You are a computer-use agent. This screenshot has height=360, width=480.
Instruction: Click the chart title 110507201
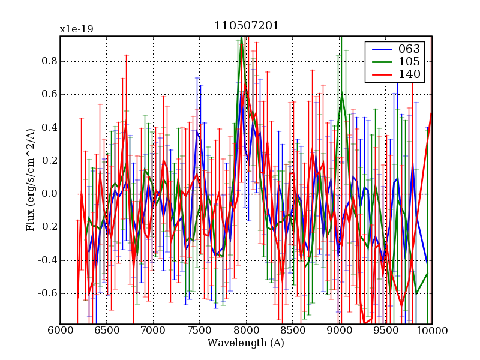pos(247,26)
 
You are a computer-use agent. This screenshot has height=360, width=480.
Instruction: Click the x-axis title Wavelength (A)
pos(246,343)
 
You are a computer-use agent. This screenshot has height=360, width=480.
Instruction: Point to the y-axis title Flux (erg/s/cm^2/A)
pos(31,180)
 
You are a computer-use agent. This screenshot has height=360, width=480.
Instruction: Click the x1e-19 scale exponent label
pos(76,29)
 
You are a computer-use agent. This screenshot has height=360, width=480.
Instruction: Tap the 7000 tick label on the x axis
pos(153,331)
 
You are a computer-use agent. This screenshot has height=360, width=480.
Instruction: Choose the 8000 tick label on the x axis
pos(246,331)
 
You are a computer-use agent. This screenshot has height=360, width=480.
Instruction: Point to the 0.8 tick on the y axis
pos(48,61)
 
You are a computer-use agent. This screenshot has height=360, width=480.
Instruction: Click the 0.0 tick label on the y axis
pos(48,194)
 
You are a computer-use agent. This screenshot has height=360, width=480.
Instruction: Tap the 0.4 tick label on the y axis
pos(48,128)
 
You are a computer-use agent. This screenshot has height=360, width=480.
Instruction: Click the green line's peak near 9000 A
pos(341,94)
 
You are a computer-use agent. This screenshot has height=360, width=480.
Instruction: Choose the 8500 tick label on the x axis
pos(292,331)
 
